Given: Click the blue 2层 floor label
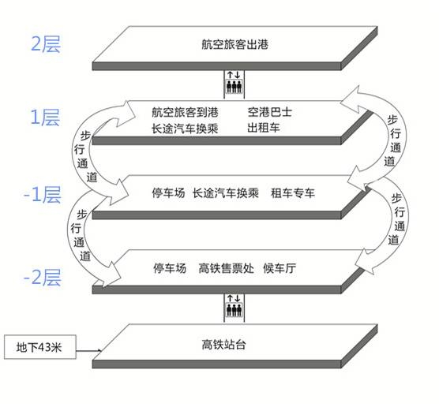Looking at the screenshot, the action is click(46, 44).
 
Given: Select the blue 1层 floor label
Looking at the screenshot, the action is click(45, 118).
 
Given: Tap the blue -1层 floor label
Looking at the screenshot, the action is click(43, 194).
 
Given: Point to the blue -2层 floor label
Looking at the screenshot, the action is click(43, 277).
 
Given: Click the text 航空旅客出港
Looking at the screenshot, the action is click(235, 44).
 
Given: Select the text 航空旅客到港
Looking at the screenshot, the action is click(185, 112).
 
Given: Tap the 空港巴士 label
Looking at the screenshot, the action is click(270, 112).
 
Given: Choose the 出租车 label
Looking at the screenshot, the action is click(264, 128).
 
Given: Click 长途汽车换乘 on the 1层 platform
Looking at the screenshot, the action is click(185, 129).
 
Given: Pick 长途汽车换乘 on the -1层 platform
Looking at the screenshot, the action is click(226, 193).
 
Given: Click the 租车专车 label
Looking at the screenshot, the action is click(293, 193).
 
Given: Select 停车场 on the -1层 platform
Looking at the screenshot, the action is click(168, 193).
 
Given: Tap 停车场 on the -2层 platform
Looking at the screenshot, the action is click(170, 268).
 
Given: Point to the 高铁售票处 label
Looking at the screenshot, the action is click(227, 268).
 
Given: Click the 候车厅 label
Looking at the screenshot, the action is click(280, 268).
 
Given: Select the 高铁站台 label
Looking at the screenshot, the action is click(224, 345).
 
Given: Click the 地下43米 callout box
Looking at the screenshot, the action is click(40, 347).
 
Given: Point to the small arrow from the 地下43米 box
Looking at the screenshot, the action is click(88, 350).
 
